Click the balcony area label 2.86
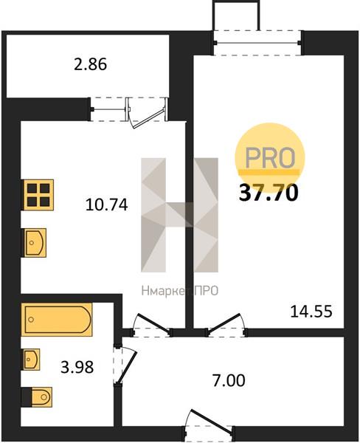[x=90, y=64]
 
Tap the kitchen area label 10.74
[x=107, y=205]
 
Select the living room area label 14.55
[x=311, y=312]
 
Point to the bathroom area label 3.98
[x=77, y=367]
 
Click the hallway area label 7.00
[x=229, y=380]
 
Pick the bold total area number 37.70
[x=269, y=193]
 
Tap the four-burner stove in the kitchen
[x=38, y=195]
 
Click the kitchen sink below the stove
[x=34, y=243]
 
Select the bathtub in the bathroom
[x=57, y=320]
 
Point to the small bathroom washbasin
[x=31, y=360]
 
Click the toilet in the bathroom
[x=38, y=397]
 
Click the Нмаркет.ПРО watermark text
[x=180, y=291]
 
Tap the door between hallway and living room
[x=226, y=326]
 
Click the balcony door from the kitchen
[x=147, y=112]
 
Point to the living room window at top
[x=257, y=43]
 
